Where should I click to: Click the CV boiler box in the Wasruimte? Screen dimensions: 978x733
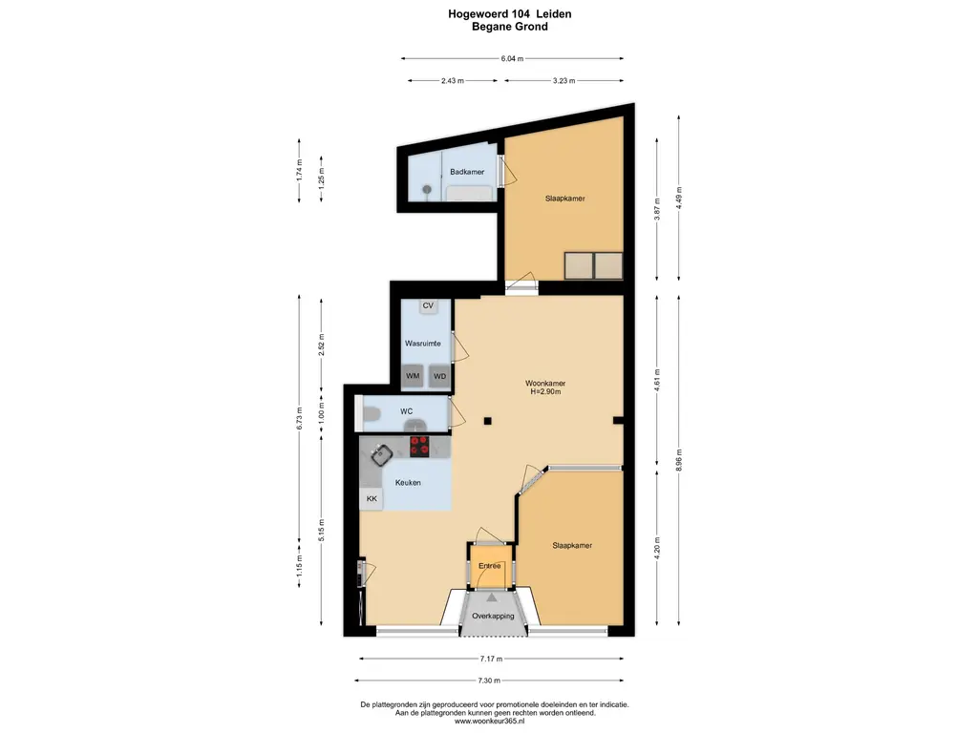(428, 306)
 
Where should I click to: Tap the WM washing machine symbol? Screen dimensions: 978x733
(413, 376)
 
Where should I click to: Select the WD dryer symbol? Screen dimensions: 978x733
(439, 376)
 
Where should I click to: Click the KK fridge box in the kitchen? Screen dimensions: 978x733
(372, 498)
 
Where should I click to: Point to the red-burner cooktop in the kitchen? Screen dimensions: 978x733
(420, 447)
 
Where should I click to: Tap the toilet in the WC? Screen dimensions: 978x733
(372, 413)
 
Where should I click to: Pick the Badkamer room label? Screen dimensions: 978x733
(467, 172)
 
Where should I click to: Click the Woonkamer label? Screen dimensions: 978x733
(545, 384)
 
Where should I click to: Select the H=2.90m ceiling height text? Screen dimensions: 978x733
(545, 392)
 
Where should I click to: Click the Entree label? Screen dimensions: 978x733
(490, 566)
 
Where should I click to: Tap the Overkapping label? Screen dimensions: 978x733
(493, 616)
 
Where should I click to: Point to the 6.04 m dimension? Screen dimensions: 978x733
(512, 58)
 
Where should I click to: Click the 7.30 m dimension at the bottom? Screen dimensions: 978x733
(489, 681)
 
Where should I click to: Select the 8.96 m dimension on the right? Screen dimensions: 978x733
(679, 461)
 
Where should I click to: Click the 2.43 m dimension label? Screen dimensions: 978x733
(453, 80)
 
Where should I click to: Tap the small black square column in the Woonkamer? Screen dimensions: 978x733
(488, 421)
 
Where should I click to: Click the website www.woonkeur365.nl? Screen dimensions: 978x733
(490, 722)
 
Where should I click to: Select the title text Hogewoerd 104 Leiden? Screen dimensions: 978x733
(510, 13)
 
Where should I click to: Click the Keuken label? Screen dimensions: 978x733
(408, 482)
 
